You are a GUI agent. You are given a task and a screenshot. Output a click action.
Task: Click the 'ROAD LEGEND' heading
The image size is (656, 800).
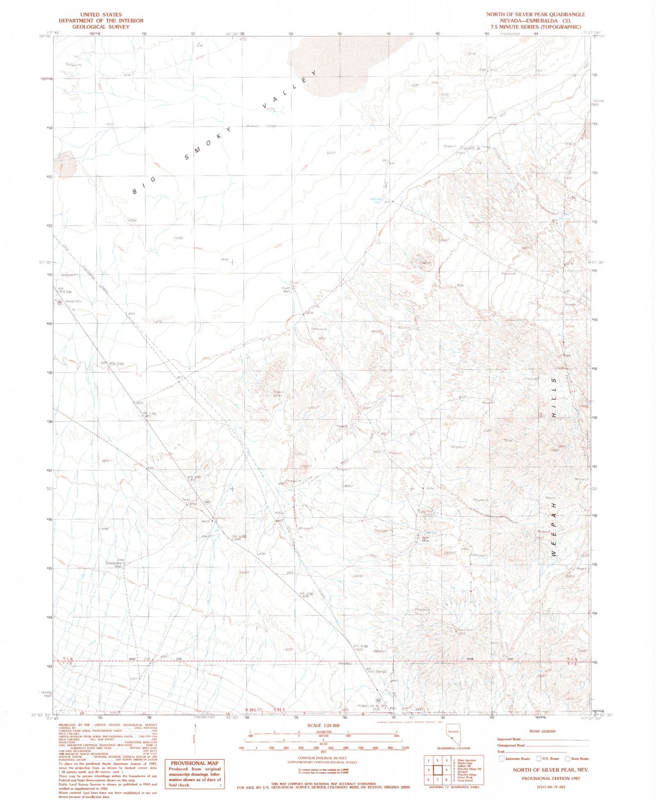coord(542,731)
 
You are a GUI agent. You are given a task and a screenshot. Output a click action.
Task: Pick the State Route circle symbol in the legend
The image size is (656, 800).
coord(567,759)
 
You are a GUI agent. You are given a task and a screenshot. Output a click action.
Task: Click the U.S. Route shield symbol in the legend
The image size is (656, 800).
coord(538,759)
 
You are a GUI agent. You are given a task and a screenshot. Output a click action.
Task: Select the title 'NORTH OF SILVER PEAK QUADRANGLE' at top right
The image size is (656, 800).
coord(536,15)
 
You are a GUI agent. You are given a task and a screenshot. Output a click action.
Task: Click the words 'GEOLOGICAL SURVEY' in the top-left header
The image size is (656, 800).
coord(101,27)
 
